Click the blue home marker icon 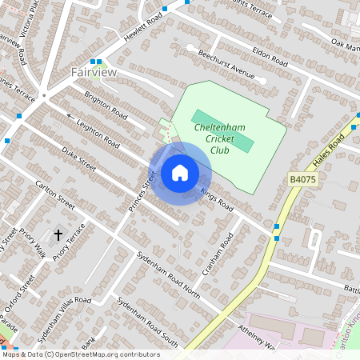point(180,173)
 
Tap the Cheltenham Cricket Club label point(218,138)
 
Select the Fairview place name point(94,72)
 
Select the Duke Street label point(79,157)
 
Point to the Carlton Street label point(54,196)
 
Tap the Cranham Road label point(217,255)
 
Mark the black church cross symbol point(58,235)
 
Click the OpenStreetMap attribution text point(81,354)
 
